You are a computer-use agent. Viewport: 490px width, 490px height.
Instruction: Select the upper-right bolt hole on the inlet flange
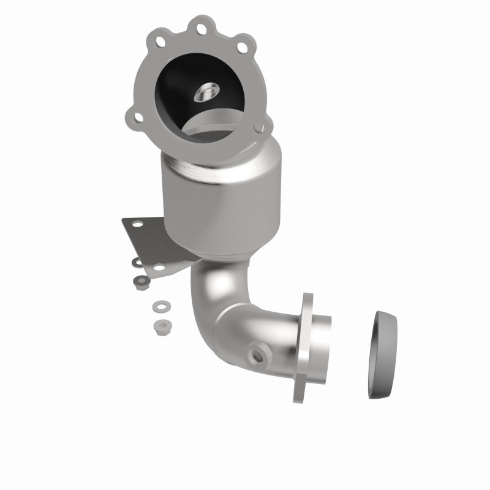pos(243,46)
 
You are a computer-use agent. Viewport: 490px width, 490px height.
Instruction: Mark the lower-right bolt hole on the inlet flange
pos(263,127)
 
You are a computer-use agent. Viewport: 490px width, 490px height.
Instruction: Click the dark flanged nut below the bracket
pos(140,281)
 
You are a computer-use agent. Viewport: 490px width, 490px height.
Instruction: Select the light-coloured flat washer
pos(161,304)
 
